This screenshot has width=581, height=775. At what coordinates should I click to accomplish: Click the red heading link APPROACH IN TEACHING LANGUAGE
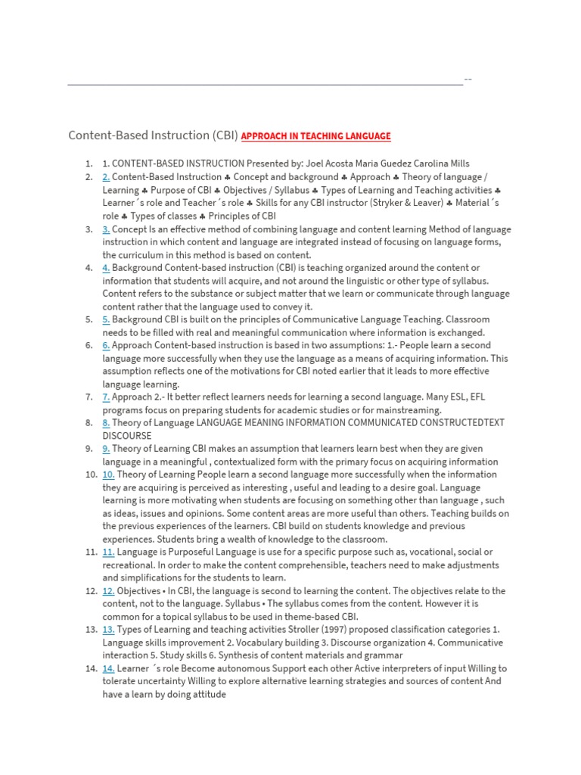pyautogui.click(x=316, y=136)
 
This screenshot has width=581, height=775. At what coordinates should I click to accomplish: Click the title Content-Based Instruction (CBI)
pyautogui.click(x=153, y=136)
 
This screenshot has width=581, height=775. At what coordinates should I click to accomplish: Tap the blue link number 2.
pyautogui.click(x=107, y=177)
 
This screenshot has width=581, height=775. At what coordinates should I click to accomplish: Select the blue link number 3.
pyautogui.click(x=107, y=229)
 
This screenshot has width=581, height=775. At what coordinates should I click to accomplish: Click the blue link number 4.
pyautogui.click(x=107, y=268)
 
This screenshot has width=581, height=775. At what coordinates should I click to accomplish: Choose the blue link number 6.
pyautogui.click(x=107, y=345)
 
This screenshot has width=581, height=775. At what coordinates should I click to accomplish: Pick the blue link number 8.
pyautogui.click(x=107, y=423)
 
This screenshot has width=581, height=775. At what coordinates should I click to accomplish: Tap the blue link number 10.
pyautogui.click(x=108, y=475)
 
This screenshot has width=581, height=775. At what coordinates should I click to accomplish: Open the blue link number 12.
pyautogui.click(x=108, y=591)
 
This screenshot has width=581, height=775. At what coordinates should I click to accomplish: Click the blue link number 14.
pyautogui.click(x=108, y=668)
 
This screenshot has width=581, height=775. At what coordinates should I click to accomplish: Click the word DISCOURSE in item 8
pyautogui.click(x=127, y=436)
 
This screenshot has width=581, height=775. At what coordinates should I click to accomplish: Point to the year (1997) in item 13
pyautogui.click(x=321, y=630)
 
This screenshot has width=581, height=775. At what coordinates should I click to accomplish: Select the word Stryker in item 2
pyautogui.click(x=382, y=203)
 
